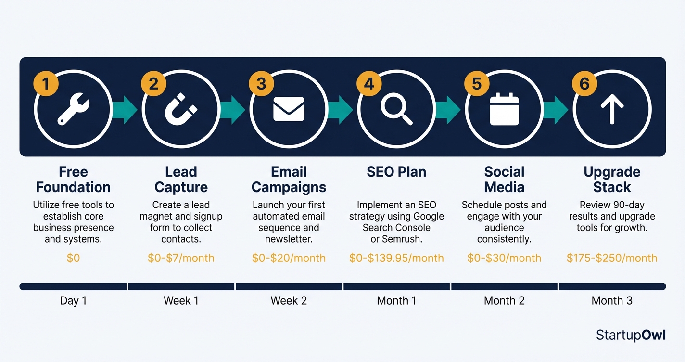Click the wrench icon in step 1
click(73, 109)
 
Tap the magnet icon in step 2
click(181, 109)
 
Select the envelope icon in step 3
click(289, 109)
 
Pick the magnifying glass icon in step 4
click(396, 109)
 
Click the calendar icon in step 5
click(504, 109)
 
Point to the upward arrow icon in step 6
click(612, 109)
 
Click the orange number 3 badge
click(261, 84)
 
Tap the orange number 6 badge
click(584, 84)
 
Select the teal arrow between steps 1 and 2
click(125, 109)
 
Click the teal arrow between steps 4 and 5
click(448, 109)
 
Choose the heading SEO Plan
click(396, 172)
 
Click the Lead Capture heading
click(181, 180)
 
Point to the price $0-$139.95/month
click(396, 258)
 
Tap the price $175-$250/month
click(612, 258)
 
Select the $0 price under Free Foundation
click(73, 258)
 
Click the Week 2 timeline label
click(289, 301)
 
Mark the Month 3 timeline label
click(612, 301)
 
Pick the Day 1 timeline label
click(73, 301)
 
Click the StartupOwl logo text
click(631, 335)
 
